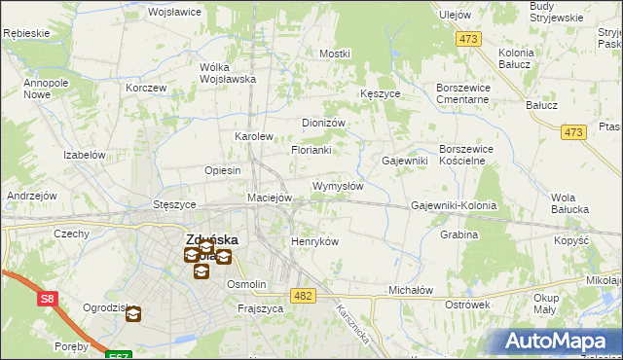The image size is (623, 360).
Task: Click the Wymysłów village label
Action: pos(338,186)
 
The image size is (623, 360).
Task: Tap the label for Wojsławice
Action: pos(173,13)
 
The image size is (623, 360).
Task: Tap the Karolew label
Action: pos(254,137)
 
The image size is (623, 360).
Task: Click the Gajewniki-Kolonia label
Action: pos(454,206)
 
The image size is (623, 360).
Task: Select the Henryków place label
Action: pos(314,241)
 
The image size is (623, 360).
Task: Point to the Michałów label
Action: pos(410,291)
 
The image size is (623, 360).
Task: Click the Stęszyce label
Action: pos(175,205)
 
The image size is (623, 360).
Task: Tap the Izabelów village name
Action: pos(84,155)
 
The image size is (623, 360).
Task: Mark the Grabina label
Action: pos(459,234)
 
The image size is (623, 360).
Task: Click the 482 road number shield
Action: pos(303,295)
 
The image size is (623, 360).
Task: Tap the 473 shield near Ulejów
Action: pos(469,39)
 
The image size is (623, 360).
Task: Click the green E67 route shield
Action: pos(118,355)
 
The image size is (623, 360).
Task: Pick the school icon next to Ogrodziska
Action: pos(132,314)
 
